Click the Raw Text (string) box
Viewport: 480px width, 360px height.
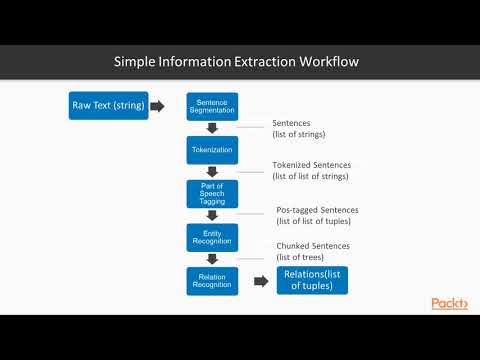(108, 105)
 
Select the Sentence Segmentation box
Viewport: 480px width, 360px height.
(212, 105)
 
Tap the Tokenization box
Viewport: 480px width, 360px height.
(212, 150)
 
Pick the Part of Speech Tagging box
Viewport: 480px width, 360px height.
(212, 193)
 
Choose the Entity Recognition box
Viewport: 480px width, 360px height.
(212, 237)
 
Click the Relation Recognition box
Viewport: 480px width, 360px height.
(212, 281)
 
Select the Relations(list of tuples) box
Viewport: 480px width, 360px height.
(312, 280)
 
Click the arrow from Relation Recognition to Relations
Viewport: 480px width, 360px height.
(261, 281)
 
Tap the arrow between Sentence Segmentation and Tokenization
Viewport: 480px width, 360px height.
(212, 128)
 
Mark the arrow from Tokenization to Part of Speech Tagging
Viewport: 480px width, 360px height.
(212, 172)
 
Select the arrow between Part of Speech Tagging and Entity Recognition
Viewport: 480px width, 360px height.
(212, 216)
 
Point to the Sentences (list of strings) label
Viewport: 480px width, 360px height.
(299, 129)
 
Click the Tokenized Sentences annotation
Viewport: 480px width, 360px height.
(310, 171)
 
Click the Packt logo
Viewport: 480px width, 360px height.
(449, 304)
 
